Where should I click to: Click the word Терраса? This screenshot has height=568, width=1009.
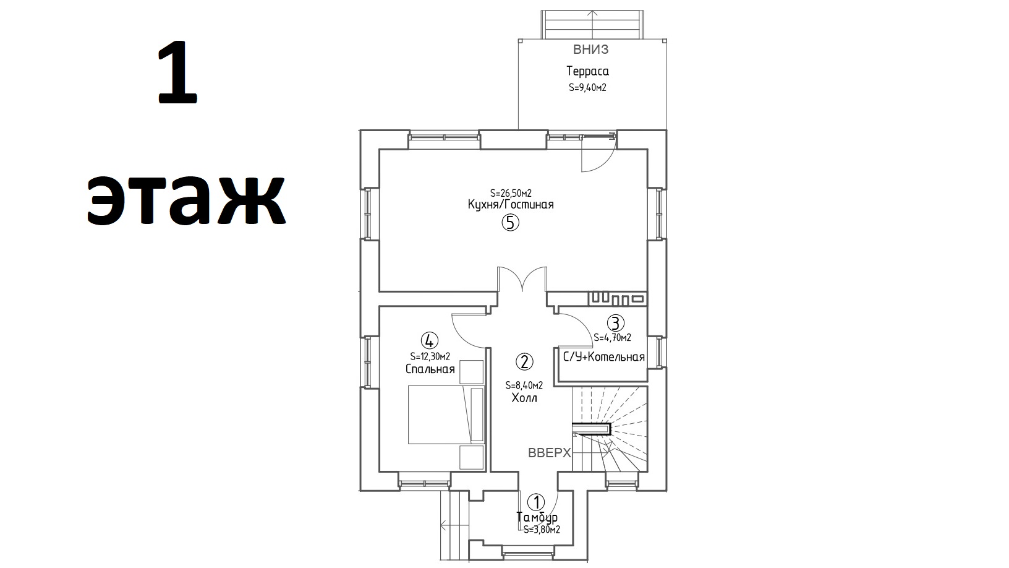pos(587,71)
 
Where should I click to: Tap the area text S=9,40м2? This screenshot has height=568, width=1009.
pos(587,87)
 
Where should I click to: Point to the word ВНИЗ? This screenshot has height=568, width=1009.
pos(590,49)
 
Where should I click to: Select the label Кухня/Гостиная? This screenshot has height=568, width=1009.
pos(510,205)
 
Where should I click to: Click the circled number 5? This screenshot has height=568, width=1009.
pos(510,223)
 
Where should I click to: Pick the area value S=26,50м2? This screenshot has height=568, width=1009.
pos(511,194)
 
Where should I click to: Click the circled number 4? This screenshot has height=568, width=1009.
pos(429,340)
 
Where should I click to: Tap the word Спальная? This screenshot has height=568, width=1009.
pos(430,369)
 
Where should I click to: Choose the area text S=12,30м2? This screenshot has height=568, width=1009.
pos(430,356)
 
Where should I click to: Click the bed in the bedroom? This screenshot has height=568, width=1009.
pos(446,415)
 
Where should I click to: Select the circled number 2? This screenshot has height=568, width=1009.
pos(524,361)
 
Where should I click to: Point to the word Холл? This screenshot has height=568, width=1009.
pos(524,398)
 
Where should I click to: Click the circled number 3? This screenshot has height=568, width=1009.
pos(615,323)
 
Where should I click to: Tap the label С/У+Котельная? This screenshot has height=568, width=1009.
pos(604,358)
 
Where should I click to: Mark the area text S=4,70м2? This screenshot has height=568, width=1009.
pos(612,338)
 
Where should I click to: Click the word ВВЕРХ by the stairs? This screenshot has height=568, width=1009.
pos(549,453)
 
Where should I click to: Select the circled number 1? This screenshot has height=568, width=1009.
pos(536,502)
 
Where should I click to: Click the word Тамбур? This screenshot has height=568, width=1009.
pos(537,517)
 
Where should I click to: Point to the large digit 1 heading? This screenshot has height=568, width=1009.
pos(177,72)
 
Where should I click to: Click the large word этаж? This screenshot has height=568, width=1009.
pos(186,200)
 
